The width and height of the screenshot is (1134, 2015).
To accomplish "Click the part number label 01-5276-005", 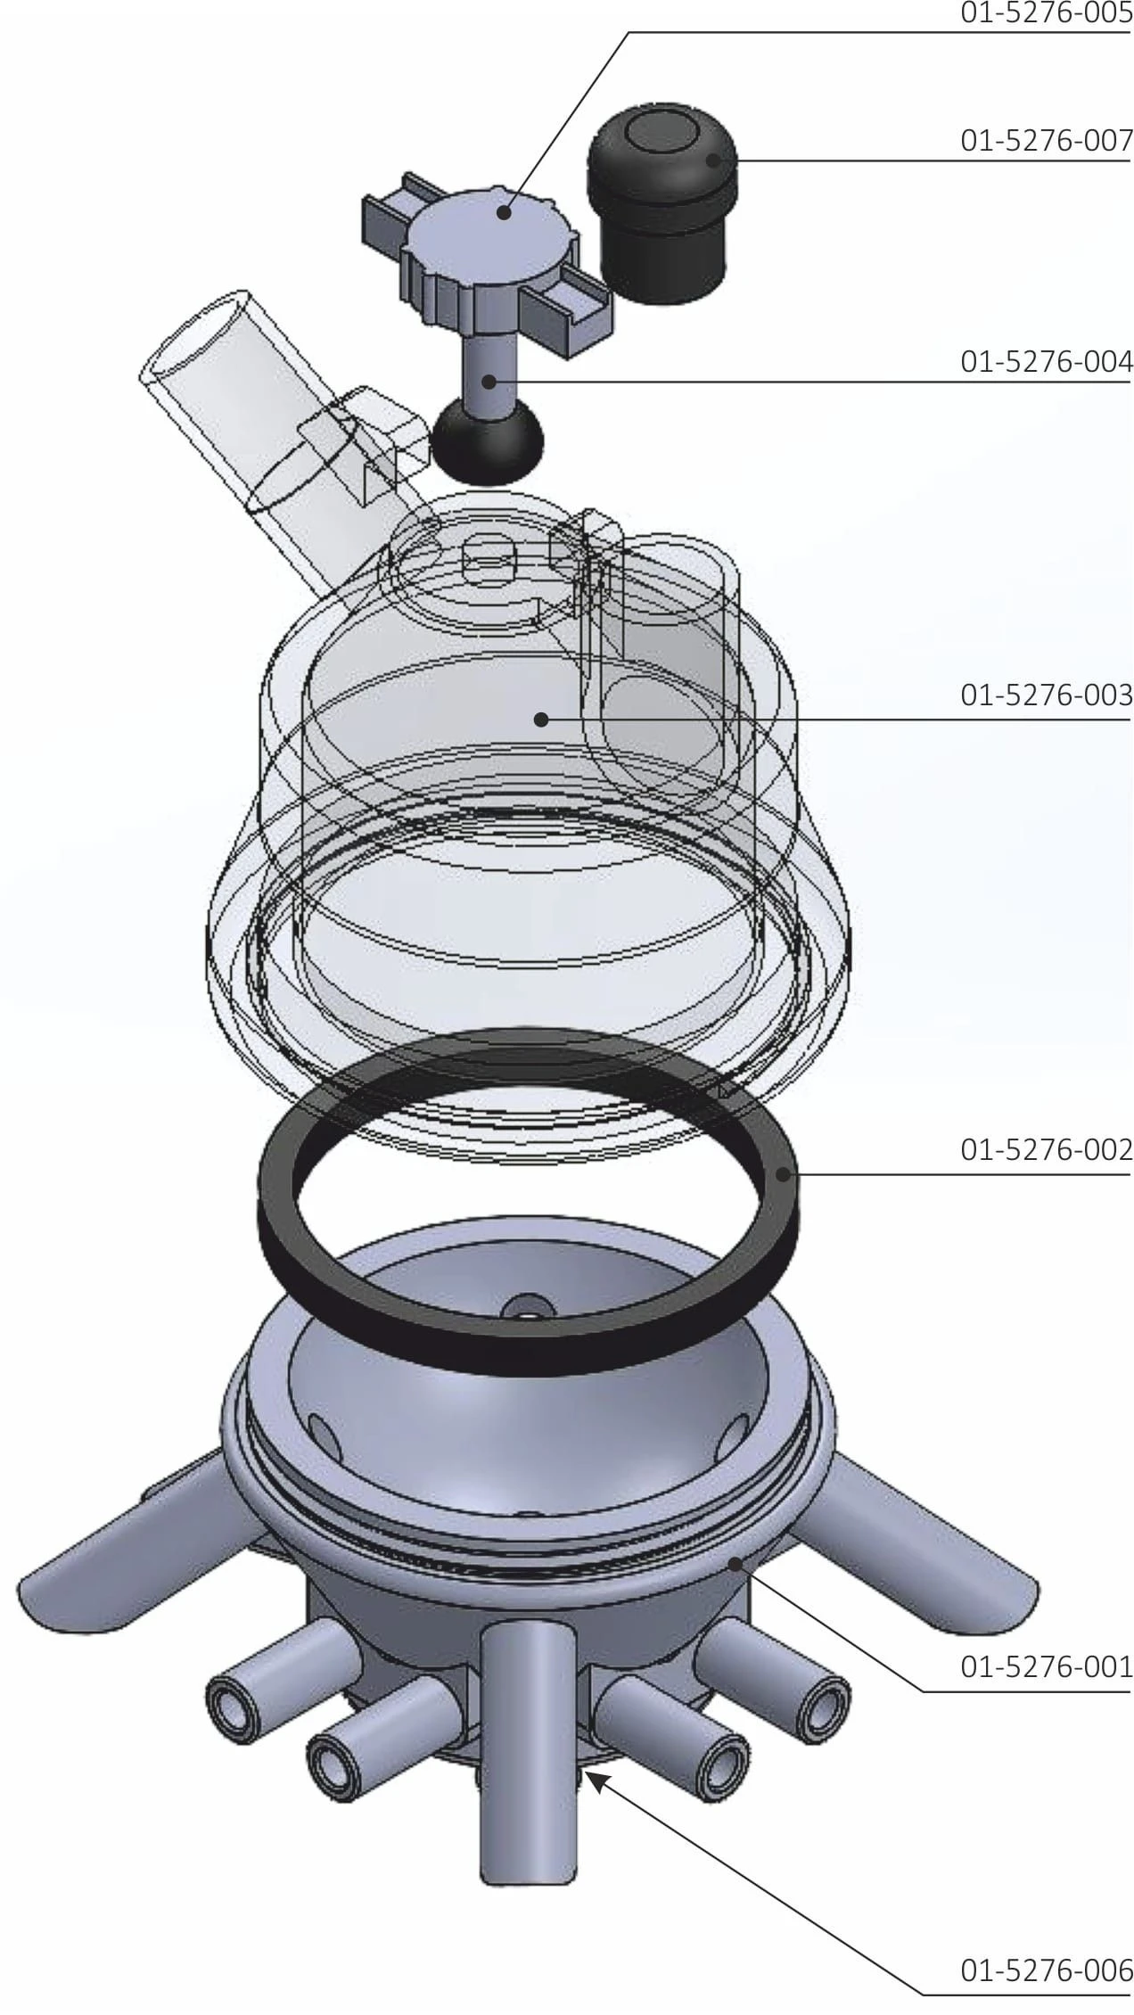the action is [x=1046, y=15].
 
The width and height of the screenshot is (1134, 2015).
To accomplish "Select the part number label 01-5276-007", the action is [x=1046, y=141].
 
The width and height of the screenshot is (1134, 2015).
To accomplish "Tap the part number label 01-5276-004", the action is [x=1046, y=362].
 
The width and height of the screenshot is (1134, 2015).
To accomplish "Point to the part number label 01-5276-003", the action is [x=1046, y=695].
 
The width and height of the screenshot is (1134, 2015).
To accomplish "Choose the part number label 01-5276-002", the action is [x=1046, y=1149].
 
